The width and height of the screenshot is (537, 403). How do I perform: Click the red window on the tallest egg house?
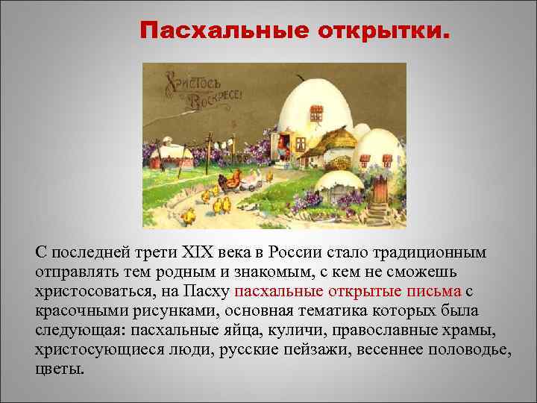316,113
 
